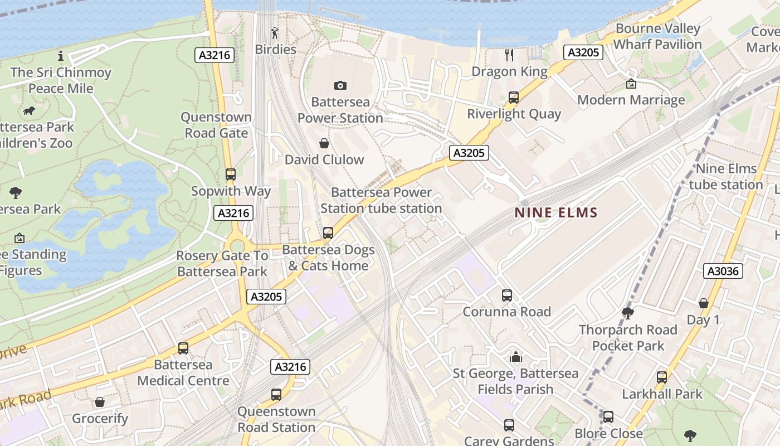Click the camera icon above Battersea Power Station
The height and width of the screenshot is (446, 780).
pos(340,85)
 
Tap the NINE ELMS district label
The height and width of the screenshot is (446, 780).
pos(556,212)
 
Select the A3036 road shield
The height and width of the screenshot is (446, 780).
pos(723,271)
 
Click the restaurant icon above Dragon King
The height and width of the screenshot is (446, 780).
pos(509,55)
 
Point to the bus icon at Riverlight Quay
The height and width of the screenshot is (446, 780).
pos(514,98)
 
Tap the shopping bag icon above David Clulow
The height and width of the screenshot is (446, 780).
pos(324,143)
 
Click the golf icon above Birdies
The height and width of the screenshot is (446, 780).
pos(275,33)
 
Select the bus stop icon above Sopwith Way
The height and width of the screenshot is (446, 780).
pos(231,174)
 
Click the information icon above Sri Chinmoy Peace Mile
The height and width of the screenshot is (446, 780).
pos(61,56)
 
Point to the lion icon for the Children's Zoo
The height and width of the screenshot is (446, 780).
pos(29,111)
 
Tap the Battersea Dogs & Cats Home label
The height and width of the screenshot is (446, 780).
pos(328,258)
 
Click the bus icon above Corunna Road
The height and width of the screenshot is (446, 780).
pos(506,295)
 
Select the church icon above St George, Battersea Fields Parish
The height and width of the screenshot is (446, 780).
pos(515,357)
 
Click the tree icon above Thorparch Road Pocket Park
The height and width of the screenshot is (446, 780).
pos(628,313)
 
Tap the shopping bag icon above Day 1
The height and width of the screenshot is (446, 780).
pos(703,303)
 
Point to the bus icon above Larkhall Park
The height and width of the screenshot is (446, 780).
pos(661,377)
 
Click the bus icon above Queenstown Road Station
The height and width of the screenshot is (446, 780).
pos(276,395)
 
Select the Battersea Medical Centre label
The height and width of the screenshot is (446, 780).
pos(183,372)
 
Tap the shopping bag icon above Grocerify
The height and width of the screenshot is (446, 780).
pos(100,402)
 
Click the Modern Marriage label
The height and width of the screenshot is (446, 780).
pos(631,100)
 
